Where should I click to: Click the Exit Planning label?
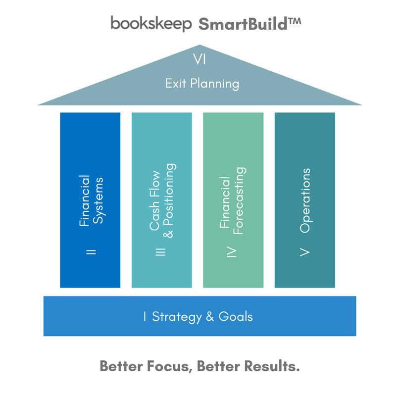[x=202, y=83]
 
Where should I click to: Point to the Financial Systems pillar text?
[x=91, y=199]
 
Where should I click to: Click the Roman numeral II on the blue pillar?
[x=91, y=252]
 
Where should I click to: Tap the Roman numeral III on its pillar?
[x=161, y=252]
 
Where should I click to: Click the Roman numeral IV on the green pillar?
[x=233, y=252]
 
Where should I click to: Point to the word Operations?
[x=305, y=200]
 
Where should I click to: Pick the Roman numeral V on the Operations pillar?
[x=305, y=252]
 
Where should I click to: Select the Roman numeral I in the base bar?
[x=145, y=316]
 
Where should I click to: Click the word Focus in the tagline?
[x=166, y=366]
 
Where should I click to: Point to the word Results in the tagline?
[x=270, y=366]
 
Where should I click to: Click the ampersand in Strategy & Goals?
[x=208, y=316]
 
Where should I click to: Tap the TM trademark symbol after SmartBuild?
[x=294, y=21]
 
